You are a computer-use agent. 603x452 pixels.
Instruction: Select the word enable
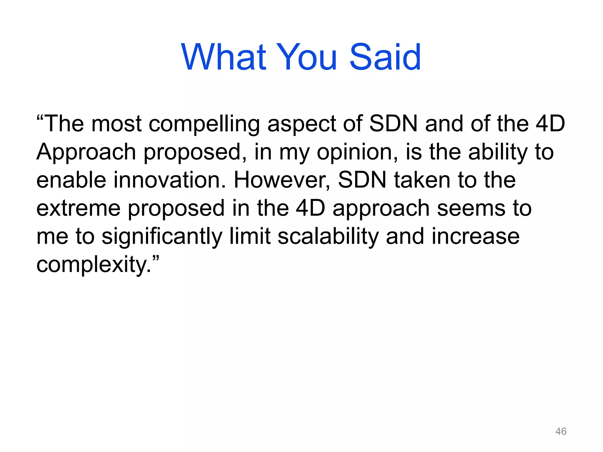click(71, 180)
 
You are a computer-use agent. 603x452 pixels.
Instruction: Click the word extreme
click(78, 208)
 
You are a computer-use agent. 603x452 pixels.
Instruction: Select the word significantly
click(162, 237)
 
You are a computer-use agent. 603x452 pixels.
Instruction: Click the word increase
click(476, 237)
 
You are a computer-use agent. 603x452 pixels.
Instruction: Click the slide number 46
click(561, 431)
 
